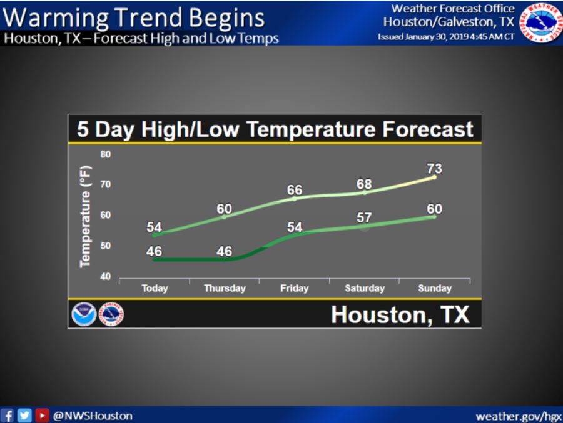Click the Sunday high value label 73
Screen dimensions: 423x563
(x=434, y=169)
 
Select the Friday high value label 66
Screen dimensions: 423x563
(x=295, y=190)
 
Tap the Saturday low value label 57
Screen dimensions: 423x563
(x=365, y=218)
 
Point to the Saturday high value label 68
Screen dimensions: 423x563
(x=365, y=184)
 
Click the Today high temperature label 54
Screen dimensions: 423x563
(x=155, y=227)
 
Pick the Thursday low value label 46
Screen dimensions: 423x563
(x=225, y=252)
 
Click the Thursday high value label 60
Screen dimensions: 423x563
(x=225, y=208)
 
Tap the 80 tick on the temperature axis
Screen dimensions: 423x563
(x=104, y=154)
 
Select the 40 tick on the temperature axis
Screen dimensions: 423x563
(x=104, y=276)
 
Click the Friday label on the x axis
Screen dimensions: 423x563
(x=295, y=288)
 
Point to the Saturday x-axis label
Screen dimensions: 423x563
(x=365, y=288)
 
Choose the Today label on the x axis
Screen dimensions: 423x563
(x=155, y=288)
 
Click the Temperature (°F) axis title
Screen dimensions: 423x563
(x=86, y=216)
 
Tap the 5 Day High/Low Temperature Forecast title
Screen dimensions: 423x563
(x=275, y=129)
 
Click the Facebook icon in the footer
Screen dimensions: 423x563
(x=8, y=416)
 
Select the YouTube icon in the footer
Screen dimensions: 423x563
(x=42, y=416)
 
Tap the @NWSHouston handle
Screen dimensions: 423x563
(x=93, y=416)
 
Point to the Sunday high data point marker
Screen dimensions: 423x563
(x=434, y=177)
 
